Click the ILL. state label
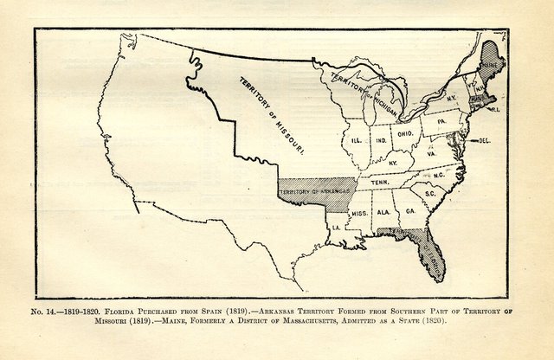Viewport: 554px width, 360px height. point(355,138)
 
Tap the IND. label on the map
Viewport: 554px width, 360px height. point(381,138)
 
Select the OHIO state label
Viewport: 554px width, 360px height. point(405,134)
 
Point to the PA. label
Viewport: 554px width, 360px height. point(441,123)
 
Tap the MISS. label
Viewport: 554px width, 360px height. point(360,212)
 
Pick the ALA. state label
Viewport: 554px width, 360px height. point(383,210)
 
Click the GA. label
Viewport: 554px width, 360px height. point(409,210)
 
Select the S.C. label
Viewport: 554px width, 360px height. point(430,193)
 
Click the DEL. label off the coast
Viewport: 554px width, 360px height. point(484,139)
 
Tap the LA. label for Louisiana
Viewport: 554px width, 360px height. point(334,227)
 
